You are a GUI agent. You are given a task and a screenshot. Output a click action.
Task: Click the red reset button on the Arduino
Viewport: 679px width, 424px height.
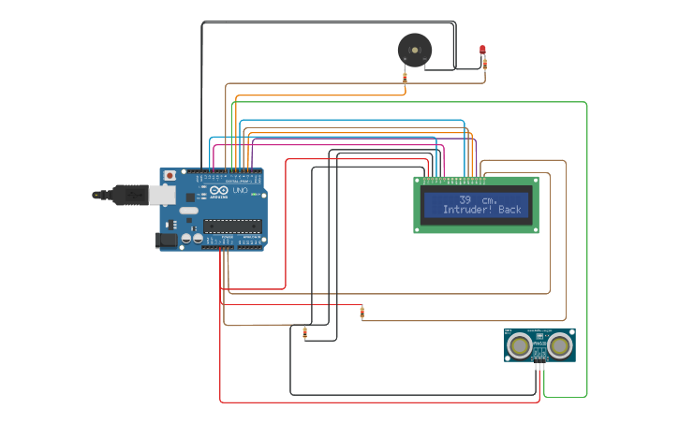170,175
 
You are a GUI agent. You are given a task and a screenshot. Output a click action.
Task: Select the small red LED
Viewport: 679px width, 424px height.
483,49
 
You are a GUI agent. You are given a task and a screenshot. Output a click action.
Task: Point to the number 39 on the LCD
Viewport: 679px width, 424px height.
465,200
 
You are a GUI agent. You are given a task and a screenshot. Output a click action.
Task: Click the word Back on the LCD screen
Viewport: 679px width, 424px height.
510,211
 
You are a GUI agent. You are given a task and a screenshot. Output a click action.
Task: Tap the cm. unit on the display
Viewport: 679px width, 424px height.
489,200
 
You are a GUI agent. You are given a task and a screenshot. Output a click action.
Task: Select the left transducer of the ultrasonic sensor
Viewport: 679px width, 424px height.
519,346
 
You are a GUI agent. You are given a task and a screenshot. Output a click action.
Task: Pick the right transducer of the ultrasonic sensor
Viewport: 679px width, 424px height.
561,346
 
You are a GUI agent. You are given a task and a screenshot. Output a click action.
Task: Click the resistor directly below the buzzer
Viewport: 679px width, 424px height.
405,80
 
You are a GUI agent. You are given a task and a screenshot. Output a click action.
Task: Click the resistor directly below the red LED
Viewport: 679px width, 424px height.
486,64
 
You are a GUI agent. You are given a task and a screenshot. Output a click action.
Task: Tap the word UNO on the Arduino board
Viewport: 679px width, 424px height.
239,190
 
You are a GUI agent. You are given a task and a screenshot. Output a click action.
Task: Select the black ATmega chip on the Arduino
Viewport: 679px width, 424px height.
232,225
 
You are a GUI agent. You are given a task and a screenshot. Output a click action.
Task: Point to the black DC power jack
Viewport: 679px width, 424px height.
166,241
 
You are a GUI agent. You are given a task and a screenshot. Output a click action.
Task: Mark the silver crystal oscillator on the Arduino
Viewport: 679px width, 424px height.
189,212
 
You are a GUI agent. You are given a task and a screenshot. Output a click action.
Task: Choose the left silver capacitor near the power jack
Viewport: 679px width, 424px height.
186,240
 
